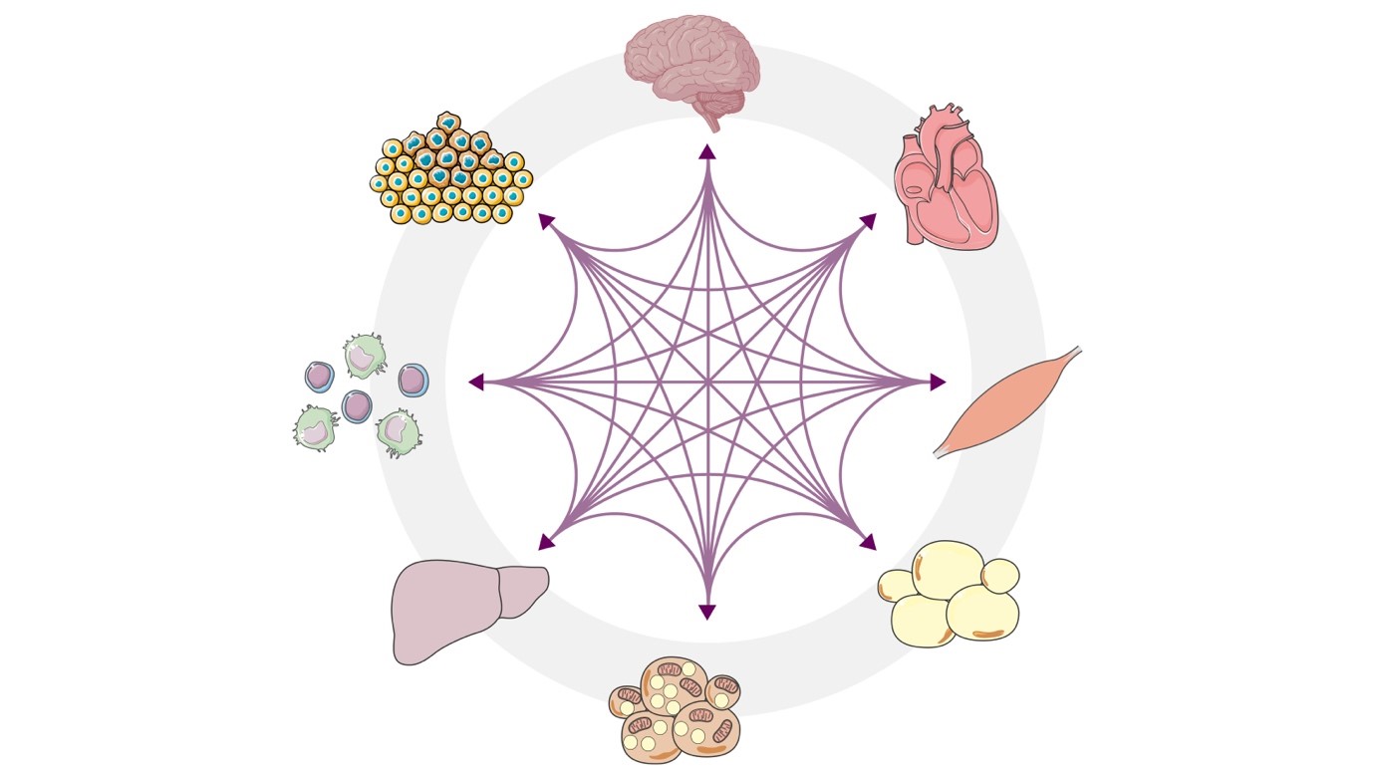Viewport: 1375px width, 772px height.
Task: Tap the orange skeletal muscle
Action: point(1005,402)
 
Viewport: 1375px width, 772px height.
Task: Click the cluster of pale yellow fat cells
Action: point(950,595)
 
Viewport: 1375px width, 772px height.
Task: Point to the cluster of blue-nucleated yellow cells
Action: point(451,170)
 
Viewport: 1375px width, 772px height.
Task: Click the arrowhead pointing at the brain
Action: point(707,151)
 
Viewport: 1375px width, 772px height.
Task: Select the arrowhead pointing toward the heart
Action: point(868,221)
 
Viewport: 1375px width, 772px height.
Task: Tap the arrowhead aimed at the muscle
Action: point(938,382)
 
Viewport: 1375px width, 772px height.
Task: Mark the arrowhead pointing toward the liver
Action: point(546,543)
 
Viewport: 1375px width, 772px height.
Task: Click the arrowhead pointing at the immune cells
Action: point(476,382)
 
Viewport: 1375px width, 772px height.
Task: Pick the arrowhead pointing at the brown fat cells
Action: point(707,612)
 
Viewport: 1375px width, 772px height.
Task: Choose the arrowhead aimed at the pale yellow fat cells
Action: point(868,543)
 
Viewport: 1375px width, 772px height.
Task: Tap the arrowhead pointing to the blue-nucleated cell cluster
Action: point(546,221)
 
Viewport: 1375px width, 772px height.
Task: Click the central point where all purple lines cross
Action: point(707,382)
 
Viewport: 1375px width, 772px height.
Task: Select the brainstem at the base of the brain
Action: point(711,124)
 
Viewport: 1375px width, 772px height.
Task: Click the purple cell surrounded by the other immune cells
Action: point(357,405)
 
